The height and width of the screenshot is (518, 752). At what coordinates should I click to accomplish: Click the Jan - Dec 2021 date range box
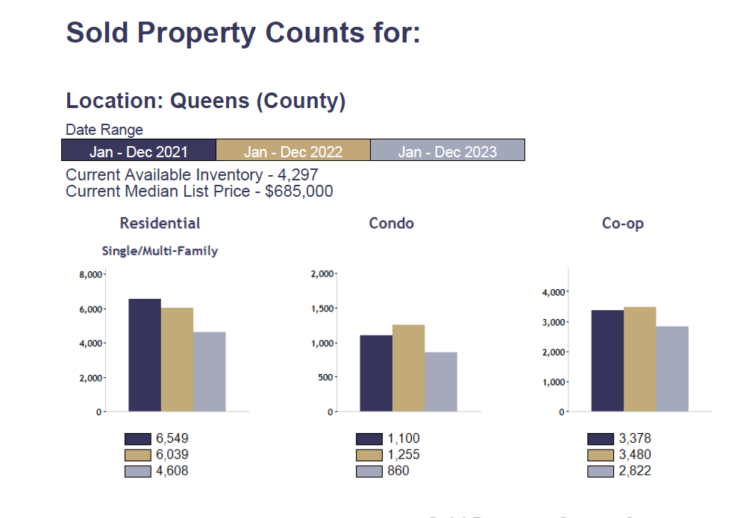[x=139, y=151]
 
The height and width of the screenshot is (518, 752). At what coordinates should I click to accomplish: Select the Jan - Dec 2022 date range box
[x=293, y=151]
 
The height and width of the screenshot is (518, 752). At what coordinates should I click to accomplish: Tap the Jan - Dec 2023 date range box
[x=448, y=151]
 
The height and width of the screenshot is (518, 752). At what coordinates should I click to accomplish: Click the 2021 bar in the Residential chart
[x=145, y=356]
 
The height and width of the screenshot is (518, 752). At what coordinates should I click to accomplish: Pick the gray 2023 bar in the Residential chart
[x=210, y=372]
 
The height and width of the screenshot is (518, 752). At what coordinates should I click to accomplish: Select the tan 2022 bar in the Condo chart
[x=409, y=368]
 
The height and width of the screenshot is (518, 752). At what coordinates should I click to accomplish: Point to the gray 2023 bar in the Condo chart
[x=441, y=382]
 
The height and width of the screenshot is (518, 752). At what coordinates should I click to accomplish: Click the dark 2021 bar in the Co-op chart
[x=607, y=361]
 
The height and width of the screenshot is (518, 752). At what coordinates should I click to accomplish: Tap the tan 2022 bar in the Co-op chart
[x=640, y=359]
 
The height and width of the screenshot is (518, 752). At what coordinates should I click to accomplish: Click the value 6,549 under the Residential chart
[x=172, y=438]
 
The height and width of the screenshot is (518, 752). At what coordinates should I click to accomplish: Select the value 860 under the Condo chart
[x=398, y=471]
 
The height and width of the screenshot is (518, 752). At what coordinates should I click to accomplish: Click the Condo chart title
[x=391, y=224]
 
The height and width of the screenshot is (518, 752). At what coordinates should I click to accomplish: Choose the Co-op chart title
[x=622, y=224]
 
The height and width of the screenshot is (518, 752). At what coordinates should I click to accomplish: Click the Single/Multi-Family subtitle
[x=160, y=251]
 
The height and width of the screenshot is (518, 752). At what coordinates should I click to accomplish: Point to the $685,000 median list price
[x=299, y=192]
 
